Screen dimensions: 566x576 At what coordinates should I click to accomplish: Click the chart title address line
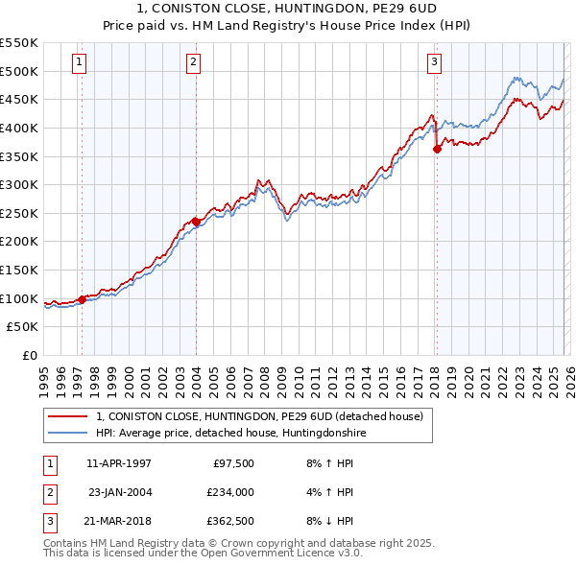(287, 9)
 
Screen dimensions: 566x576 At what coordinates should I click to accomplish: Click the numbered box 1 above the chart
(79, 62)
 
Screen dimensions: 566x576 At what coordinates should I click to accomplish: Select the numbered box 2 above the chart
(193, 62)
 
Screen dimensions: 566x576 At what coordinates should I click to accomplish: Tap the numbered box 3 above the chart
(434, 62)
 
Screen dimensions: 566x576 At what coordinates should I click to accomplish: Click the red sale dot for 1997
(82, 299)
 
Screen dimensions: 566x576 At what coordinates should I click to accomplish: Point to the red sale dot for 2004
(196, 222)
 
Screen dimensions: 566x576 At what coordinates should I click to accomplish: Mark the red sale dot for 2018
(437, 149)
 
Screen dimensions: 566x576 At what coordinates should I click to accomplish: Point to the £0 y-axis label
(30, 355)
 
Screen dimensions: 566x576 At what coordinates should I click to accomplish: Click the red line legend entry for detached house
(266, 416)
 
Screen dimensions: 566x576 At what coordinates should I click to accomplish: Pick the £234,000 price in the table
(230, 492)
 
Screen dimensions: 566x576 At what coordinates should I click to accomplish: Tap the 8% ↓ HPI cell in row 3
(328, 522)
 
